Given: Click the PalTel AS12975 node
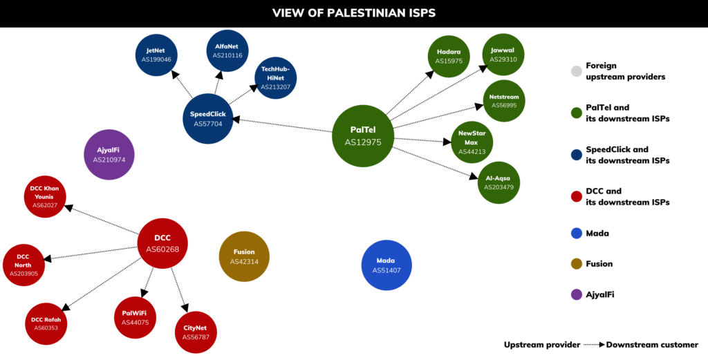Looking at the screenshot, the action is tap(363, 136).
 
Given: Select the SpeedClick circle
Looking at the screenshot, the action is tap(208, 119).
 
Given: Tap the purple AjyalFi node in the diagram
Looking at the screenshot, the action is tap(109, 154).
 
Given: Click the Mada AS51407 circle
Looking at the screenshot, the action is tap(386, 265).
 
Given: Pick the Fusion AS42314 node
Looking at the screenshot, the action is tap(244, 256).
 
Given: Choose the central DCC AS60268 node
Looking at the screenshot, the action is tap(162, 244).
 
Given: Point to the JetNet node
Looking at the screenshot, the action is tap(156, 55).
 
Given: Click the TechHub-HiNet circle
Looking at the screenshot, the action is tap(275, 77).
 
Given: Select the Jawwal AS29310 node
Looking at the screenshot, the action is tap(503, 55).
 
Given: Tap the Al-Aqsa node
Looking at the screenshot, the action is tap(499, 182).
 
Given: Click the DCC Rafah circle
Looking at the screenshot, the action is tap(46, 324).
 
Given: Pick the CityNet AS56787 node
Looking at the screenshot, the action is tap(196, 332).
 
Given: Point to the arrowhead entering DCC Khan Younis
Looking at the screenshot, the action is tap(68, 207).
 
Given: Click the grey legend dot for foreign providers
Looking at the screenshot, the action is tap(576, 71).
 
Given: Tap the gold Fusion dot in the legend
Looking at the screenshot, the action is tap(576, 264).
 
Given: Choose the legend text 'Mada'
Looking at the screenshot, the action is tap(597, 234).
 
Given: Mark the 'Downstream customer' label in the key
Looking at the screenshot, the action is tap(652, 345).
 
